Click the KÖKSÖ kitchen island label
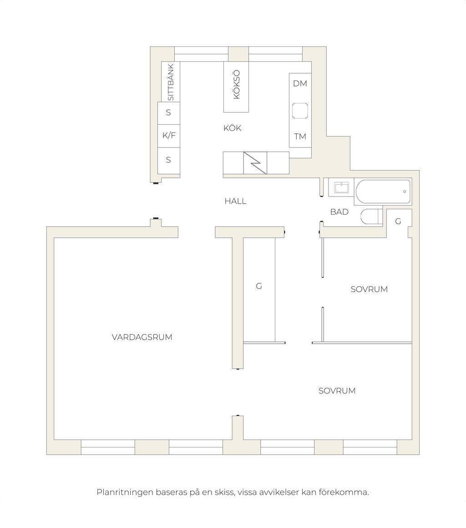coord(237,84)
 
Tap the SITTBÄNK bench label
coord(171,82)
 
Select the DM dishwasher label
coord(300,84)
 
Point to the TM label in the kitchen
coord(300,136)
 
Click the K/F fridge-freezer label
coord(169,136)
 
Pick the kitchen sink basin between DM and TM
coord(300,111)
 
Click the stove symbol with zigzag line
coord(255,163)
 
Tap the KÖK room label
coord(232,128)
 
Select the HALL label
coord(236,201)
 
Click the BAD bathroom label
coord(339,212)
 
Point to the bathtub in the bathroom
coord(383,191)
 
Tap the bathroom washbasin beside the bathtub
coord(341,188)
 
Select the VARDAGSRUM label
coord(142,337)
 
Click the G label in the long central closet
coord(259,286)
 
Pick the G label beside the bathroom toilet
coord(398,221)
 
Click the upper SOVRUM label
coord(369,289)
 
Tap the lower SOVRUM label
coord(337,391)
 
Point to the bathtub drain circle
coord(405,191)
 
